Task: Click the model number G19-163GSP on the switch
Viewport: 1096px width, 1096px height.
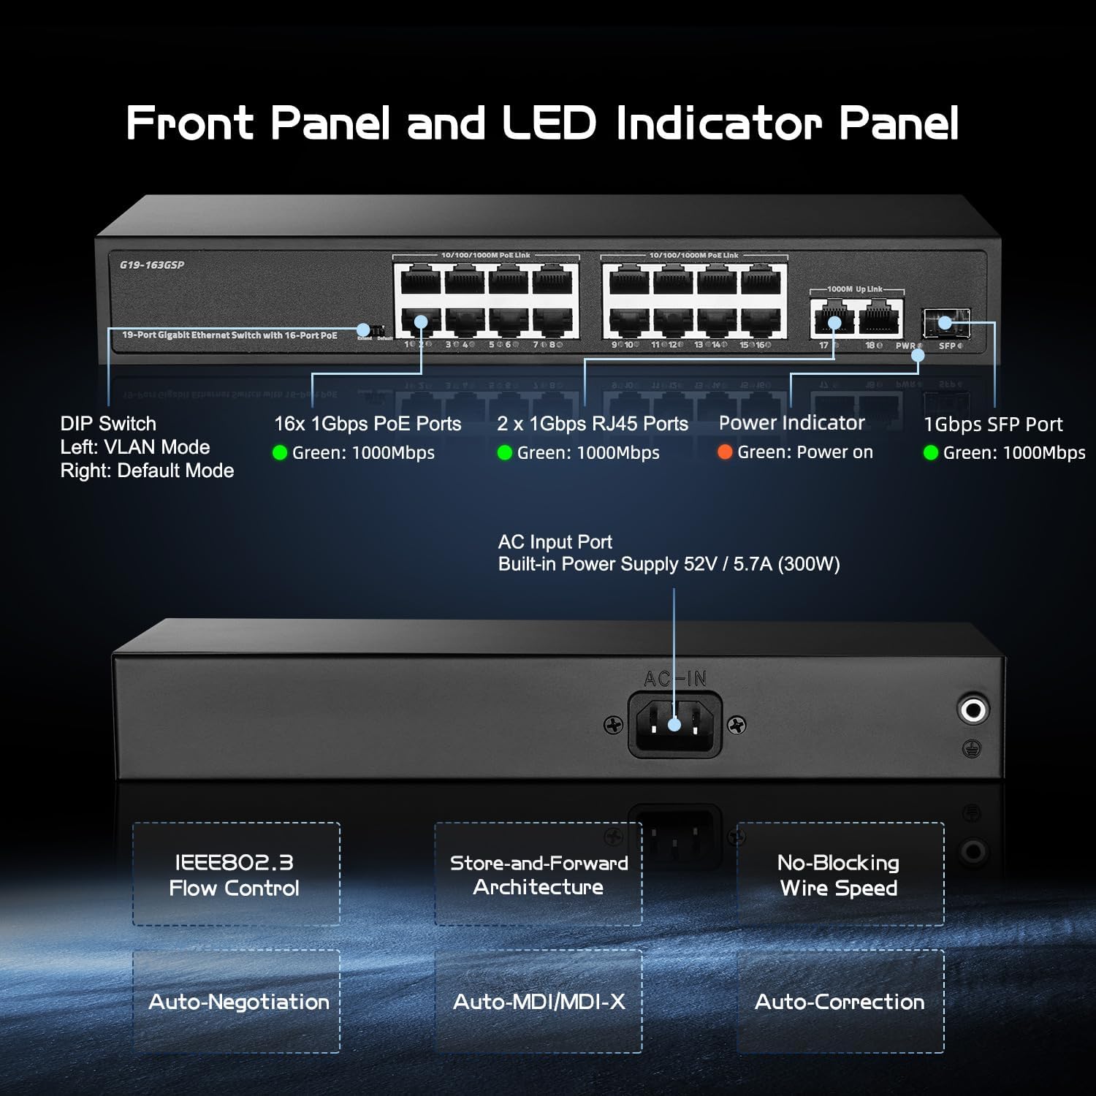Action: point(152,265)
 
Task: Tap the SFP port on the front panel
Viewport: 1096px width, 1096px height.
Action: point(945,322)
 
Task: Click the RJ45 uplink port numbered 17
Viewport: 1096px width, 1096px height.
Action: point(832,319)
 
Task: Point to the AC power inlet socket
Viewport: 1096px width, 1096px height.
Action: point(674,725)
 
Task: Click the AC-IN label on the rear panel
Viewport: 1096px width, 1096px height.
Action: point(674,679)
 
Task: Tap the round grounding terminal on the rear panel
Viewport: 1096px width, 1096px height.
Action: point(973,708)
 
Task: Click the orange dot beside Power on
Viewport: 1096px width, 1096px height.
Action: point(725,452)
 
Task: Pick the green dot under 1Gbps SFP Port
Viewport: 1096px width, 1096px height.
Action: point(931,453)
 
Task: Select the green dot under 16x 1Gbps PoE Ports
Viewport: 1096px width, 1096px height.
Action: point(279,453)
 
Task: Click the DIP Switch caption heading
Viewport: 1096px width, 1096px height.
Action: point(108,424)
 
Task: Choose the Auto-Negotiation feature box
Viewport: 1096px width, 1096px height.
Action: point(237,1001)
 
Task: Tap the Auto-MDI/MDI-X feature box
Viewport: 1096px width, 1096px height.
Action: point(539,1001)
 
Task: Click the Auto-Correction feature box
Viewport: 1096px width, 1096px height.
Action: point(840,1001)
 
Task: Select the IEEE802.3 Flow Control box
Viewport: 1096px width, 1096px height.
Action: point(235,875)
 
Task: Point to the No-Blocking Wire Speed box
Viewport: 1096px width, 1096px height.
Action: point(840,875)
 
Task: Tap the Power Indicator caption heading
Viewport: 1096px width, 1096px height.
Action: point(791,423)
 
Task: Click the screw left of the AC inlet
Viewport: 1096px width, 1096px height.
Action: point(614,725)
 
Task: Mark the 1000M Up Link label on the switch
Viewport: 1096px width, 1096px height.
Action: point(855,289)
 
